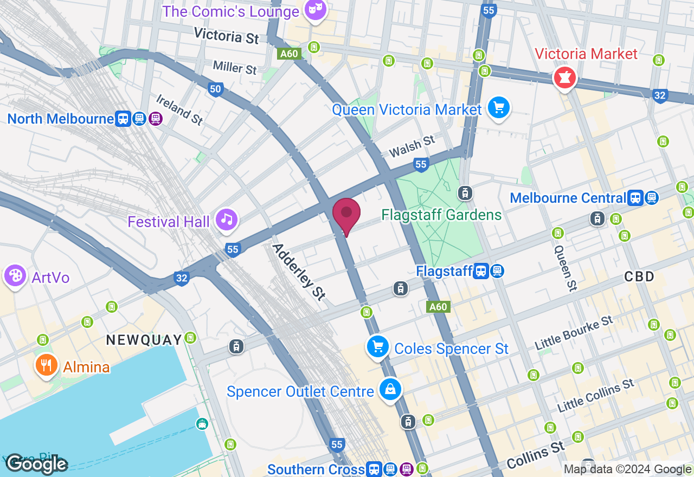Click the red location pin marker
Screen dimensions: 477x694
click(x=346, y=214)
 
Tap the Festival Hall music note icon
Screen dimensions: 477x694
click(x=227, y=220)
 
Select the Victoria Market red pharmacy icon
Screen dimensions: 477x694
click(x=564, y=79)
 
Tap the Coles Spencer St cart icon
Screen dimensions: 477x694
click(x=378, y=346)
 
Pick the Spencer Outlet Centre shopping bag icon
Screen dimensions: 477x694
click(x=390, y=389)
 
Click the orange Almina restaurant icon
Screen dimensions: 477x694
click(x=47, y=365)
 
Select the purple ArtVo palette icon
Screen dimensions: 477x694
click(x=15, y=276)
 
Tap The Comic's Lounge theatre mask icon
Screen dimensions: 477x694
click(x=315, y=9)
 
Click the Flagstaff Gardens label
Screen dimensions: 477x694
click(x=441, y=215)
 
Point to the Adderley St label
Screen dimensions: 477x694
click(x=299, y=272)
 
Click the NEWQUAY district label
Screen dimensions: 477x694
click(x=144, y=340)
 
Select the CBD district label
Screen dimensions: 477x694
click(x=639, y=276)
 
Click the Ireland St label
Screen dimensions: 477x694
click(x=179, y=110)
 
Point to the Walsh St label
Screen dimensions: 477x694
click(x=412, y=146)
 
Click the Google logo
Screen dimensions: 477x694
click(x=36, y=464)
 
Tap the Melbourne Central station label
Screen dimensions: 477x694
click(x=568, y=198)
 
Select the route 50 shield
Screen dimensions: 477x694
click(x=215, y=89)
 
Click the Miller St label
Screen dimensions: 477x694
click(x=235, y=67)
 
